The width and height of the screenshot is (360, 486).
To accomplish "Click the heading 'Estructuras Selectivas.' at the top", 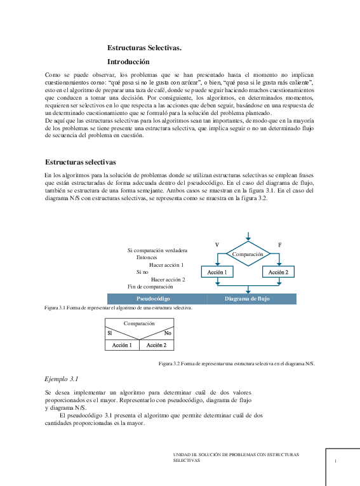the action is click(x=144, y=49).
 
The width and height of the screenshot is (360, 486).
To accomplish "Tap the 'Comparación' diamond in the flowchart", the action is click(x=248, y=254).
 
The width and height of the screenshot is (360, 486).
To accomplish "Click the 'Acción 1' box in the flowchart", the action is click(x=217, y=272).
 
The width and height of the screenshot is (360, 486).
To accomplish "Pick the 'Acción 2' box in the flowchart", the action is click(x=278, y=272).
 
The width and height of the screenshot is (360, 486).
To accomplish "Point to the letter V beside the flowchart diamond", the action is click(x=217, y=245).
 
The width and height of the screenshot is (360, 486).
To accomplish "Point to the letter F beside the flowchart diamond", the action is click(x=280, y=245).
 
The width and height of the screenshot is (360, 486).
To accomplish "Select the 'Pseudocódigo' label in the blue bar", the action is click(x=153, y=299).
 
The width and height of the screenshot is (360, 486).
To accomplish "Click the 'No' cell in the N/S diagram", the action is click(x=168, y=333).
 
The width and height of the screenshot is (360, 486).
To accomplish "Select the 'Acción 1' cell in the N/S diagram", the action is click(x=121, y=345).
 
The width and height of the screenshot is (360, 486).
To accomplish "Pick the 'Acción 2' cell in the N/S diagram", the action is click(x=156, y=345).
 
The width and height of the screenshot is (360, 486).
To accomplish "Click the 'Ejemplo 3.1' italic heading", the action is click(x=61, y=379).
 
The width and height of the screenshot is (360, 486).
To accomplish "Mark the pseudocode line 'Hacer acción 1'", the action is click(x=166, y=265).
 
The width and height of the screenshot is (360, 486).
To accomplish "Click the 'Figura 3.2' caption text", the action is click(x=236, y=363).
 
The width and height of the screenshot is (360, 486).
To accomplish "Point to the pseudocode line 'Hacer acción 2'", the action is click(x=168, y=279).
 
